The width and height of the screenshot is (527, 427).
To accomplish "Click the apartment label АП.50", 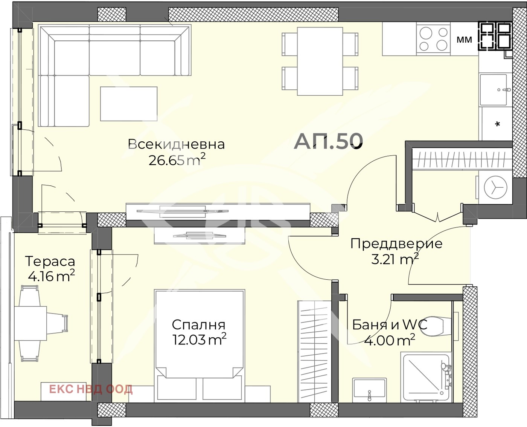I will pyautogui.click(x=328, y=141).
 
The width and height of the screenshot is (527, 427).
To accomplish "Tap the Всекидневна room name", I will pyautogui.click(x=176, y=144).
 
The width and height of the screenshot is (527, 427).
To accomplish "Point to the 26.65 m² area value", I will pyautogui.click(x=177, y=160).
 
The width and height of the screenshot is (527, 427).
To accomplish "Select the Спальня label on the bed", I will pyautogui.click(x=198, y=324).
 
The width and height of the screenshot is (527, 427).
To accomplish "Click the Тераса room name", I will pyautogui.click(x=50, y=261).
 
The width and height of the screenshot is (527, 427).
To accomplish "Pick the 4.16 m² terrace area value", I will pyautogui.click(x=51, y=276).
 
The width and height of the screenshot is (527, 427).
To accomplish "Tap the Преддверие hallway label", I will pyautogui.click(x=396, y=243).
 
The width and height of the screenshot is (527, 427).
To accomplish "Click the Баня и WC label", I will pyautogui.click(x=390, y=324).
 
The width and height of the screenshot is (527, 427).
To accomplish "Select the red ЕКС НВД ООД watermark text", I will pyautogui.click(x=91, y=389).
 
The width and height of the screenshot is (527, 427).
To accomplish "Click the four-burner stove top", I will pyautogui.click(x=433, y=39).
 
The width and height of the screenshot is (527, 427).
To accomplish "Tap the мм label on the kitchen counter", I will pyautogui.click(x=464, y=40).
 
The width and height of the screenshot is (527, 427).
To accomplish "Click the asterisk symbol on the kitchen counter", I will pyautogui.click(x=497, y=124).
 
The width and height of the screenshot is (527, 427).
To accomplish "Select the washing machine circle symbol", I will pyautogui.click(x=495, y=187).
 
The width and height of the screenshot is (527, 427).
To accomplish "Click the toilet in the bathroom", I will pyautogui.click(x=439, y=326).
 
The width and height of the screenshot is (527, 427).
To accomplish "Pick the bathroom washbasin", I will pyautogui.click(x=369, y=388).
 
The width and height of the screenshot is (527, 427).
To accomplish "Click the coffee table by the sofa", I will pyautogui.click(x=129, y=104).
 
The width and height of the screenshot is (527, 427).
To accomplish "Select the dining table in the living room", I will pyautogui.click(x=320, y=61).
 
